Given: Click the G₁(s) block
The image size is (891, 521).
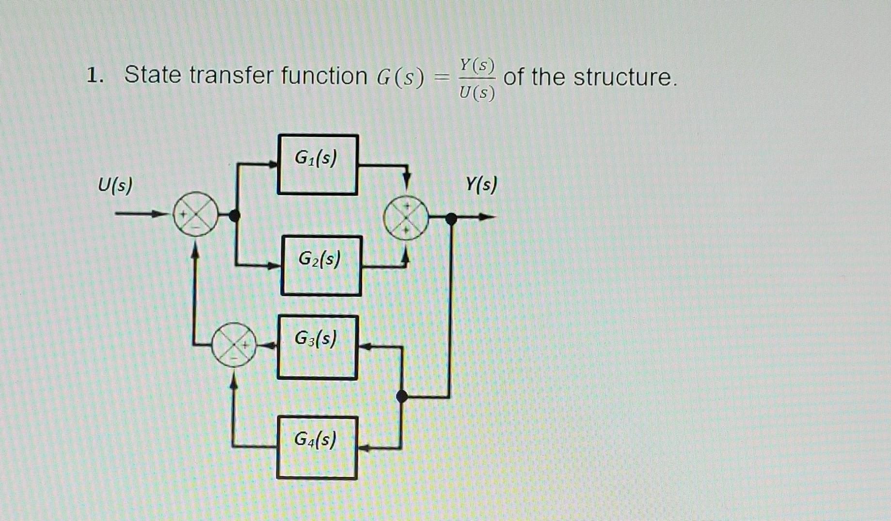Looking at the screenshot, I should click(x=318, y=165).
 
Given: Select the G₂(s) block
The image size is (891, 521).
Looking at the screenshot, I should click(x=321, y=265).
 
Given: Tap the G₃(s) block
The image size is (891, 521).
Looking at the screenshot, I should click(x=318, y=347).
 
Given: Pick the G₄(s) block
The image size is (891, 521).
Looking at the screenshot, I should click(x=317, y=448).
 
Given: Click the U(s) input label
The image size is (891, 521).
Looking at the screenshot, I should click(x=115, y=185).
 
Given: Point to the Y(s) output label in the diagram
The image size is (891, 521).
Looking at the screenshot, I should click(x=481, y=184).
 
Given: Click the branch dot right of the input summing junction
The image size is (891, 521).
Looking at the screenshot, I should click(x=235, y=215).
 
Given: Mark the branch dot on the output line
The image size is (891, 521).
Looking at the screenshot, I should click(x=451, y=219).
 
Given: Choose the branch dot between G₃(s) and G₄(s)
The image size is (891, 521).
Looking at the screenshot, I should click(x=402, y=397).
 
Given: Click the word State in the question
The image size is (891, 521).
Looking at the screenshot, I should click(x=153, y=76).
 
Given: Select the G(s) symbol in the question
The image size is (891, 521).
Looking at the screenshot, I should click(x=400, y=77).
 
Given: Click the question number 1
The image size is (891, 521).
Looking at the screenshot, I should click(x=94, y=76).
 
